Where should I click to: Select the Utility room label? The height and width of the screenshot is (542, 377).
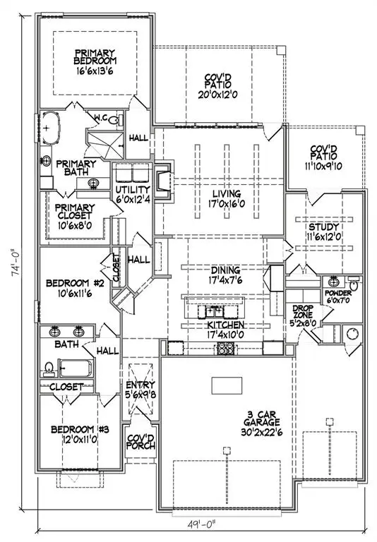[132, 190]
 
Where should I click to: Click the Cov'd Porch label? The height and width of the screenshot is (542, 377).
[140, 442]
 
